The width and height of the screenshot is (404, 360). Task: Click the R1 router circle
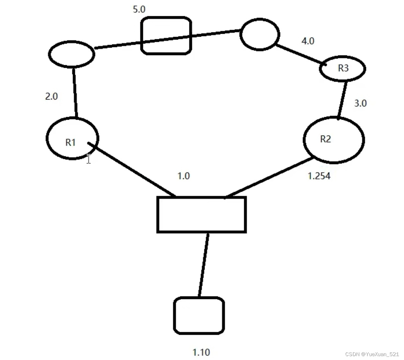tap(72, 138)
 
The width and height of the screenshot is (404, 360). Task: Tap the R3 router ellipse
tap(342, 68)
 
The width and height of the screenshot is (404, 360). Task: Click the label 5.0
tap(139, 9)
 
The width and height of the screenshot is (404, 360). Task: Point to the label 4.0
tap(308, 41)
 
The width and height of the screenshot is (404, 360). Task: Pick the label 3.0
tap(360, 103)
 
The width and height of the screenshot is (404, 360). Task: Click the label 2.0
tap(52, 96)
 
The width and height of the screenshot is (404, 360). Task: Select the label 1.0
tap(184, 176)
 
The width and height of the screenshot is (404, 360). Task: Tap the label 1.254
tap(319, 176)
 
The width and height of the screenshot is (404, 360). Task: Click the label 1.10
tap(201, 352)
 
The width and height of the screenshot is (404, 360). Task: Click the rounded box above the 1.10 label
tap(199, 315)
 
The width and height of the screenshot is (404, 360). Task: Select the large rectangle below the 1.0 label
tap(201, 214)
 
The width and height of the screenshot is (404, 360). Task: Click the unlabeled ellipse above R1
tap(71, 54)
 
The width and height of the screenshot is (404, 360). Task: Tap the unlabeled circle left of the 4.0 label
tap(259, 34)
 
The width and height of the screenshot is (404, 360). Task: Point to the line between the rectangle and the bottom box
tap(203, 264)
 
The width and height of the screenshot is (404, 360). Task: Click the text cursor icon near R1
tap(89, 159)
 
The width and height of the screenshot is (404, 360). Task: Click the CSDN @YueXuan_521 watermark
tap(372, 354)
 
